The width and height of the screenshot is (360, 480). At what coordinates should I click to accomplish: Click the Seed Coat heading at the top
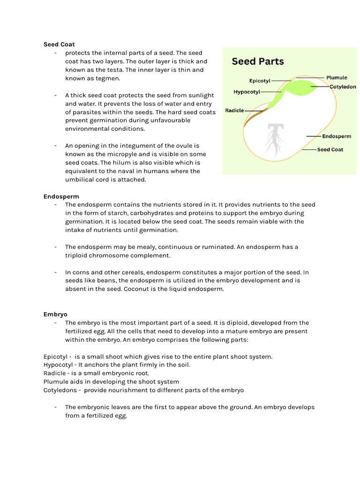click(59, 45)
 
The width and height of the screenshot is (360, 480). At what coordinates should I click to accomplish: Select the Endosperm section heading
click(61, 196)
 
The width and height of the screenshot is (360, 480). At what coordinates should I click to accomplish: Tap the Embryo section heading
click(55, 314)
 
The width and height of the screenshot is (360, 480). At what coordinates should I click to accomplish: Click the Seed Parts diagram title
click(258, 61)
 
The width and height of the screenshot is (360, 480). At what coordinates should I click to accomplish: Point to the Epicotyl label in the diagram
click(260, 81)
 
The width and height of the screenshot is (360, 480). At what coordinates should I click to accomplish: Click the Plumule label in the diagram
click(337, 77)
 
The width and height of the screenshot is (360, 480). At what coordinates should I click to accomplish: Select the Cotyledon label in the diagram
click(343, 87)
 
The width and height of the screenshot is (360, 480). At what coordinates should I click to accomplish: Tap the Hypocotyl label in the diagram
click(247, 92)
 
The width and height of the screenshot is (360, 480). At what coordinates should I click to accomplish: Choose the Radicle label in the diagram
click(234, 111)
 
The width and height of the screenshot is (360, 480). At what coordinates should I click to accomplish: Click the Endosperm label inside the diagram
click(337, 136)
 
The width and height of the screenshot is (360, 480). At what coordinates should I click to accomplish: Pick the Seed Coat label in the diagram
click(330, 150)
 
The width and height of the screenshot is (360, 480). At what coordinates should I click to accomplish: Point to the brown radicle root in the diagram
click(254, 118)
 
